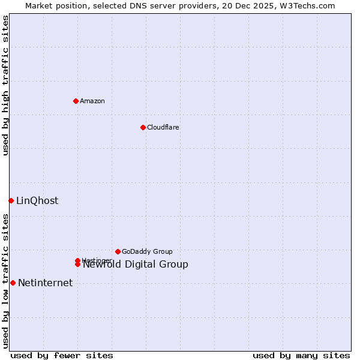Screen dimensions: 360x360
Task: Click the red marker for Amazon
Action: coord(76,101)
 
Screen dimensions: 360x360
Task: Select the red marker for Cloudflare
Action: coord(143,127)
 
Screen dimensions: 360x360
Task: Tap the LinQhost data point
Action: coord(11,200)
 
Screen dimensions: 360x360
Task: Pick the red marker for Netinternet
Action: coord(13,283)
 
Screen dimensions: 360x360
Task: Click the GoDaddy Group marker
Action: coord(118,251)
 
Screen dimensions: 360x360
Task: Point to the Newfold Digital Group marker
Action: coord(78,265)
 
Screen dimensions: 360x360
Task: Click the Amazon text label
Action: coord(92,101)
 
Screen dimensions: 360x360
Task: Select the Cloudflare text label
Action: coord(163,127)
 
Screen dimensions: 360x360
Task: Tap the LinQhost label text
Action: coord(37,201)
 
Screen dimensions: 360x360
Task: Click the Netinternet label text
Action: coord(45,283)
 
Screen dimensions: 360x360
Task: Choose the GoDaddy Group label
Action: coord(147,251)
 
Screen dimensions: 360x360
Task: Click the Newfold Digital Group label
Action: coord(136,265)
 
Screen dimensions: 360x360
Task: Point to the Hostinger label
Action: coord(96,260)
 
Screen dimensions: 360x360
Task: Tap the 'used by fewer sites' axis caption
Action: coord(62,355)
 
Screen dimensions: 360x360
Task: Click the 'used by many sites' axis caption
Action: coord(301,355)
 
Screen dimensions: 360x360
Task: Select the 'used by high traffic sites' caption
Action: coord(5,85)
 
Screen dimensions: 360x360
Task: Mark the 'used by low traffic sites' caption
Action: coord(5,281)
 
